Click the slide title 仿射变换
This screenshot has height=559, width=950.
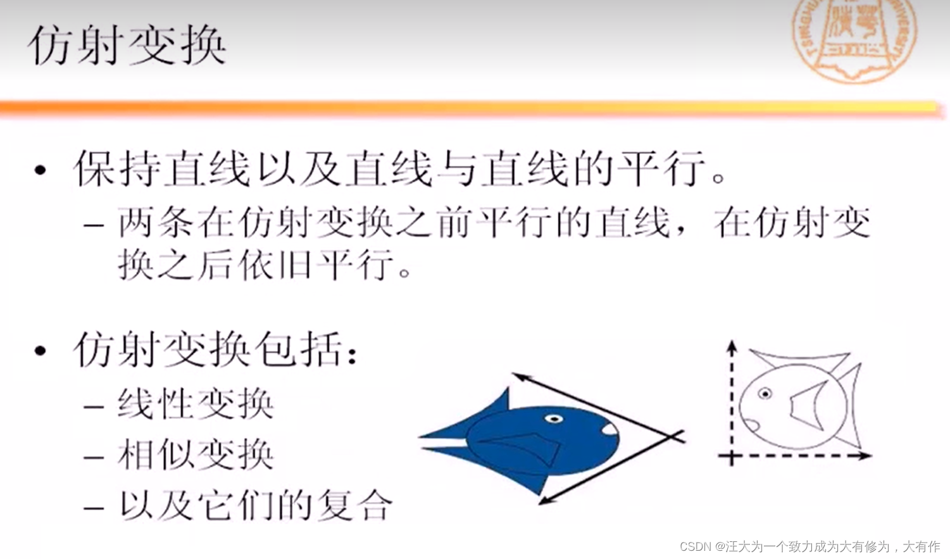tap(127, 46)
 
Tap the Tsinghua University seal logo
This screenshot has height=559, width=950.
tap(855, 38)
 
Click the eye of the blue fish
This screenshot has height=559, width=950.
tap(554, 418)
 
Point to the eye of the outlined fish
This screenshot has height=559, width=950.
tap(765, 394)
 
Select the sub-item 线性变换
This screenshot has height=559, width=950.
tap(195, 404)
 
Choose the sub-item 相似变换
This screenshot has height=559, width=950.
tap(195, 455)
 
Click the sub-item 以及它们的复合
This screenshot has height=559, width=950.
tap(255, 505)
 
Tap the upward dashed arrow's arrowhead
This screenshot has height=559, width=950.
tap(732, 346)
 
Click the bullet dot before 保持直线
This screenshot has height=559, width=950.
tap(41, 170)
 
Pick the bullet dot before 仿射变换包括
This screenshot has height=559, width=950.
tap(41, 350)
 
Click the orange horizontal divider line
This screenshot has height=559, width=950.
tap(468, 108)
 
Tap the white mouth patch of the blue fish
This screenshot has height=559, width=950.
tap(609, 430)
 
